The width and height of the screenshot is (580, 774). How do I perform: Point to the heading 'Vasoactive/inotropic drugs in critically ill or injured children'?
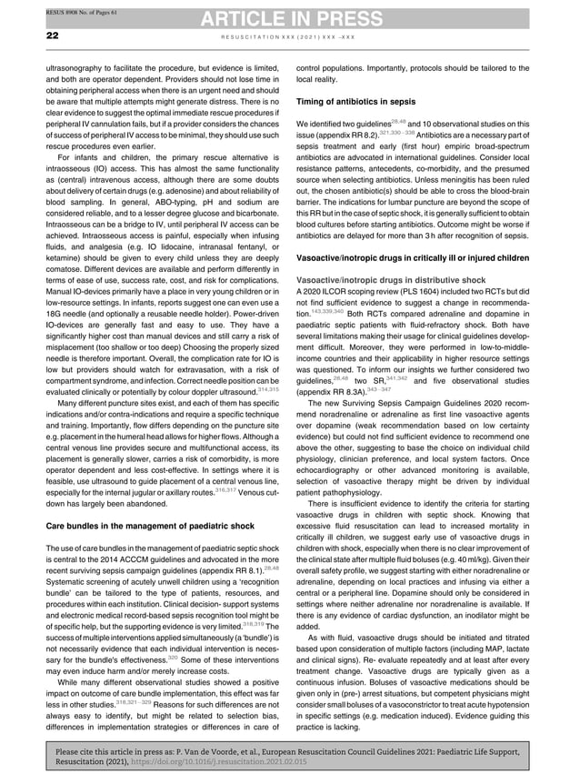tap(428, 259)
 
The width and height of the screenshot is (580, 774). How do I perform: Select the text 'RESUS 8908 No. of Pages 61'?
tap(54, 11)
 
